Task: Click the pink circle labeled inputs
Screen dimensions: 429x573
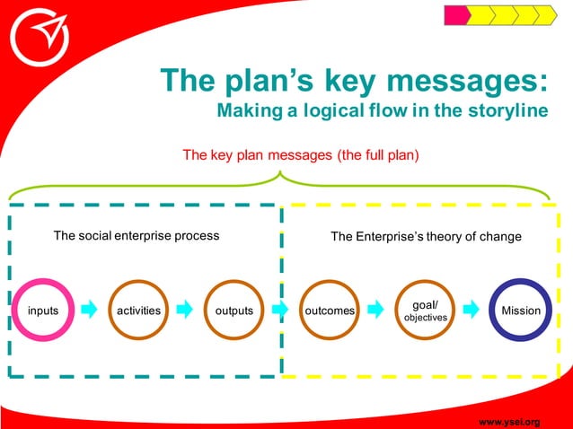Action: (x=43, y=311)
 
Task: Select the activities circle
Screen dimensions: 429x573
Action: (x=139, y=311)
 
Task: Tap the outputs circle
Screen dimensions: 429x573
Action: (x=234, y=311)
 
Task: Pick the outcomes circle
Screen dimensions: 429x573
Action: (x=330, y=311)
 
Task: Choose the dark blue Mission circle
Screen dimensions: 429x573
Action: (x=521, y=311)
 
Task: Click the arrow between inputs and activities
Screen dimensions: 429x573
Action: (x=90, y=311)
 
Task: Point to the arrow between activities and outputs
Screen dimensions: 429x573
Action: (x=185, y=311)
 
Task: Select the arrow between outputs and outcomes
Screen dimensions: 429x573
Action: (x=281, y=311)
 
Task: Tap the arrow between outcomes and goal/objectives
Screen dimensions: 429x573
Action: (x=377, y=311)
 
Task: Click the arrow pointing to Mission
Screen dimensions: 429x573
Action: (x=473, y=311)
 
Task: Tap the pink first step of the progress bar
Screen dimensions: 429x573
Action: (x=457, y=15)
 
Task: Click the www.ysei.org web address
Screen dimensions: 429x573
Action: (x=509, y=421)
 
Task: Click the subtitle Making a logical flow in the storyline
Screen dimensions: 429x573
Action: (x=382, y=111)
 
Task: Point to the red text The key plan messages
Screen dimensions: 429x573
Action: (x=301, y=154)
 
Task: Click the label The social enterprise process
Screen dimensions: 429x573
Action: (x=137, y=236)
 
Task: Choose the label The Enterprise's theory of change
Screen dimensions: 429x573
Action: (x=426, y=237)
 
